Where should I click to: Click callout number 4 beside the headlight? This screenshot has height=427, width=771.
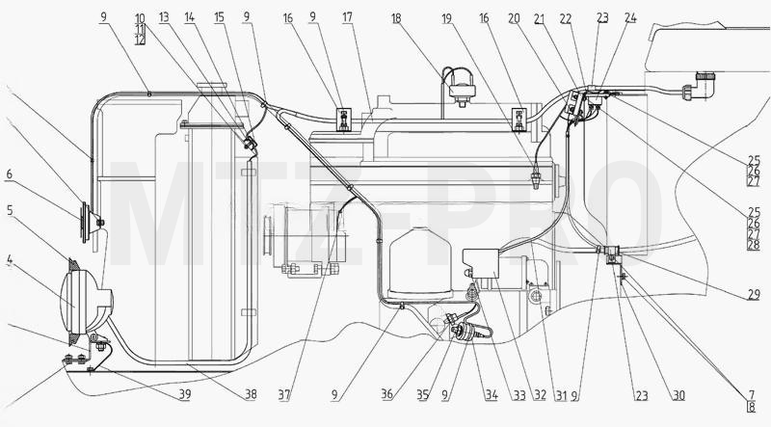click(10, 259)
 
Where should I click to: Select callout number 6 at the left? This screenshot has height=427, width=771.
click(10, 174)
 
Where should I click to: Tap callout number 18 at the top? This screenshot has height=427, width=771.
click(396, 18)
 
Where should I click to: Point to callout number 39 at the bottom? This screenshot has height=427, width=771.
click(185, 394)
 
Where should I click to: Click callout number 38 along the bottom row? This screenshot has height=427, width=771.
click(251, 394)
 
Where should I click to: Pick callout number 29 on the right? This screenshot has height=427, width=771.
click(754, 295)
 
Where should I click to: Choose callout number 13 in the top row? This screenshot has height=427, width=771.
click(164, 17)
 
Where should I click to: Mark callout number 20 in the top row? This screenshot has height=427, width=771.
click(514, 18)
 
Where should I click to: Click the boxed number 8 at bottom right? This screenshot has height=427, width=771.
click(752, 407)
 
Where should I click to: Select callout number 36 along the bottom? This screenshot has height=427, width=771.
click(387, 394)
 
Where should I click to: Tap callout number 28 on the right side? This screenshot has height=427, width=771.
click(754, 245)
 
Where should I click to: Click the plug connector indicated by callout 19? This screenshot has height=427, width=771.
click(538, 178)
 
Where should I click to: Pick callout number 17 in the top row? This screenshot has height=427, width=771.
click(347, 17)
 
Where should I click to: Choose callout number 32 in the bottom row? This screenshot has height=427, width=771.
click(541, 394)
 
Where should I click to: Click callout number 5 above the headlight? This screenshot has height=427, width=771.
click(10, 210)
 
